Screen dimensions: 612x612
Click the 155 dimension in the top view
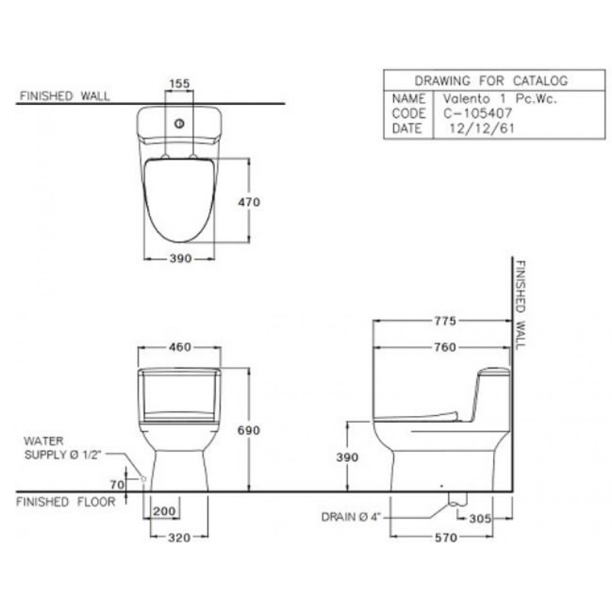point(180,84)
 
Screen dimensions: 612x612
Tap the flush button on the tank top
point(179,124)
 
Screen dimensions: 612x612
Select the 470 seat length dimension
point(249,202)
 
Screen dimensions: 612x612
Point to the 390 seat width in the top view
point(181,258)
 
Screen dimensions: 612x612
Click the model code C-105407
point(477,113)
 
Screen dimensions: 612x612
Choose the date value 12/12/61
point(482,128)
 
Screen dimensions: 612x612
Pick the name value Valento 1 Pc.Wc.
point(500,98)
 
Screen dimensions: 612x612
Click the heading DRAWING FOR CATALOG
point(491,81)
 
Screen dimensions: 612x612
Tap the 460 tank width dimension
point(180,347)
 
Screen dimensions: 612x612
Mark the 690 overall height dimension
point(249,430)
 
